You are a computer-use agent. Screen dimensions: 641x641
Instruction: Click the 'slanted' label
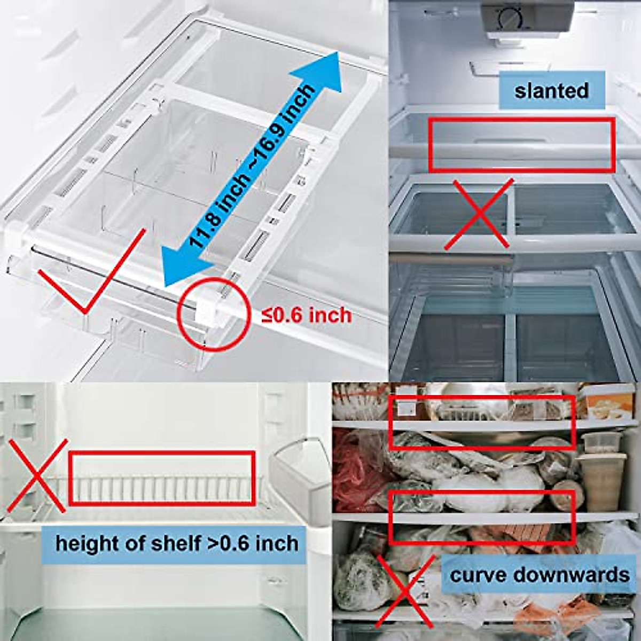(551, 90)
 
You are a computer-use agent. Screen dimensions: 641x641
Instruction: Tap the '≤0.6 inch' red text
(306, 315)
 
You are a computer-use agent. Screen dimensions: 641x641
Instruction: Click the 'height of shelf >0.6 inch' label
(177, 544)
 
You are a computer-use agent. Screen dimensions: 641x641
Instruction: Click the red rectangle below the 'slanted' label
(521, 145)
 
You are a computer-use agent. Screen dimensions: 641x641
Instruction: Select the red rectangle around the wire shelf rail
(161, 478)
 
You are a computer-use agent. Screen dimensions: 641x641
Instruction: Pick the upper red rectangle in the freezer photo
(483, 422)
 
